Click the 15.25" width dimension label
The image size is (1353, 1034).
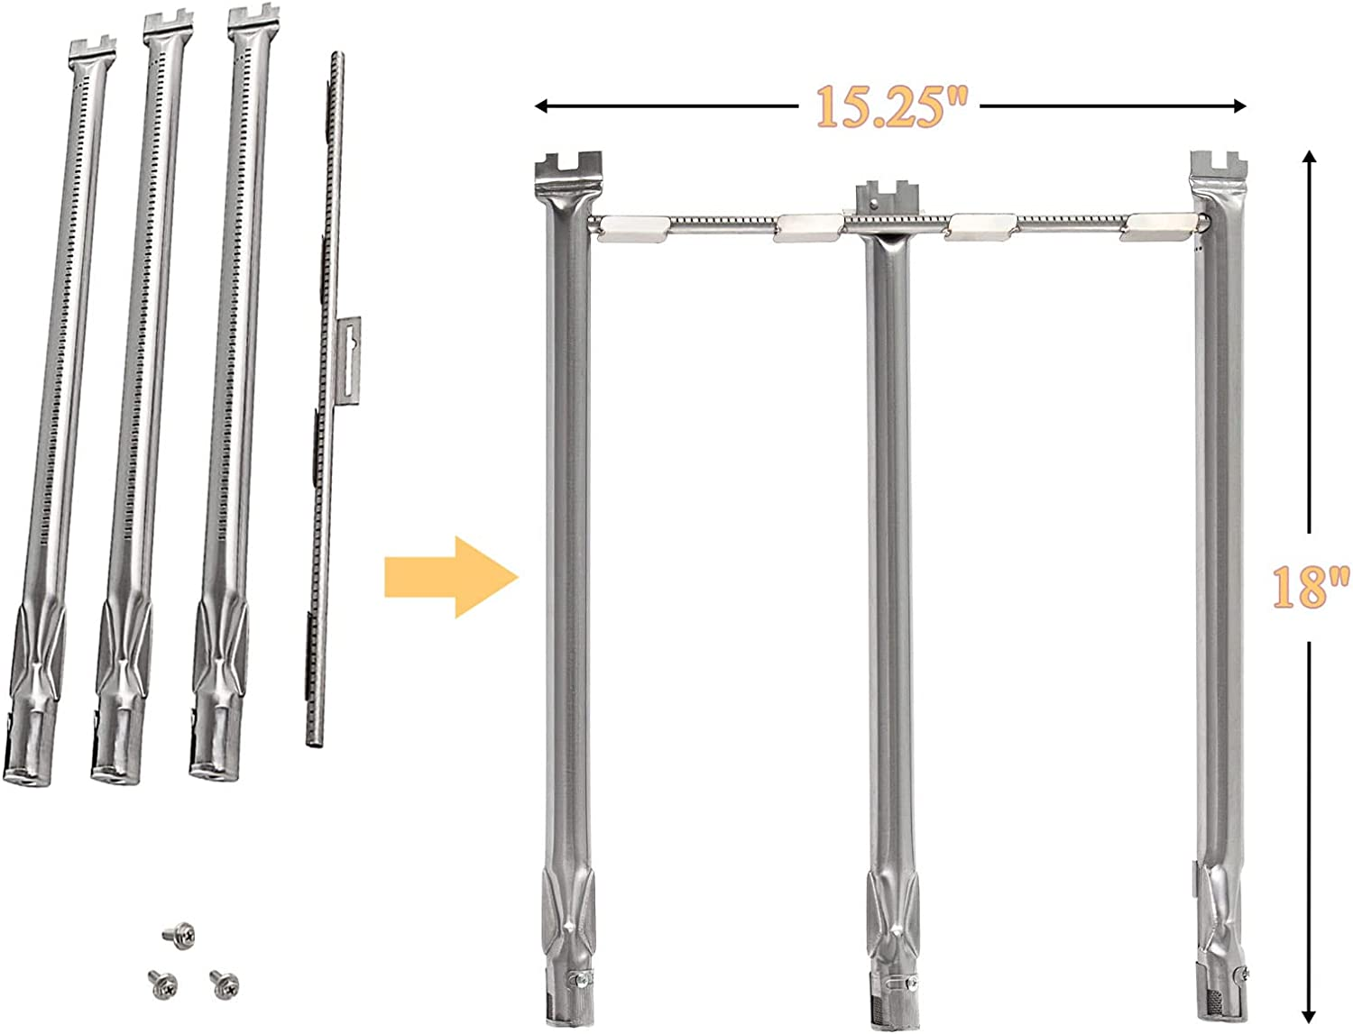890,106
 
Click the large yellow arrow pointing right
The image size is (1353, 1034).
451,577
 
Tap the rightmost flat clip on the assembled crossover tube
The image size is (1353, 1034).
1164,226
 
